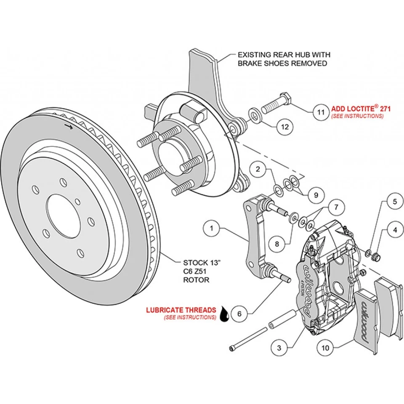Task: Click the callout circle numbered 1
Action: point(212,229)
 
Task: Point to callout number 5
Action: point(395,202)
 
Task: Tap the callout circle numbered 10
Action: point(324,348)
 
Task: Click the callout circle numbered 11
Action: point(321,112)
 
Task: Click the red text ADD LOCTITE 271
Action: point(361,109)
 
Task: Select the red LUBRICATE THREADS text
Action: point(181,310)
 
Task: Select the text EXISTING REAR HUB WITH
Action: point(284,55)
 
